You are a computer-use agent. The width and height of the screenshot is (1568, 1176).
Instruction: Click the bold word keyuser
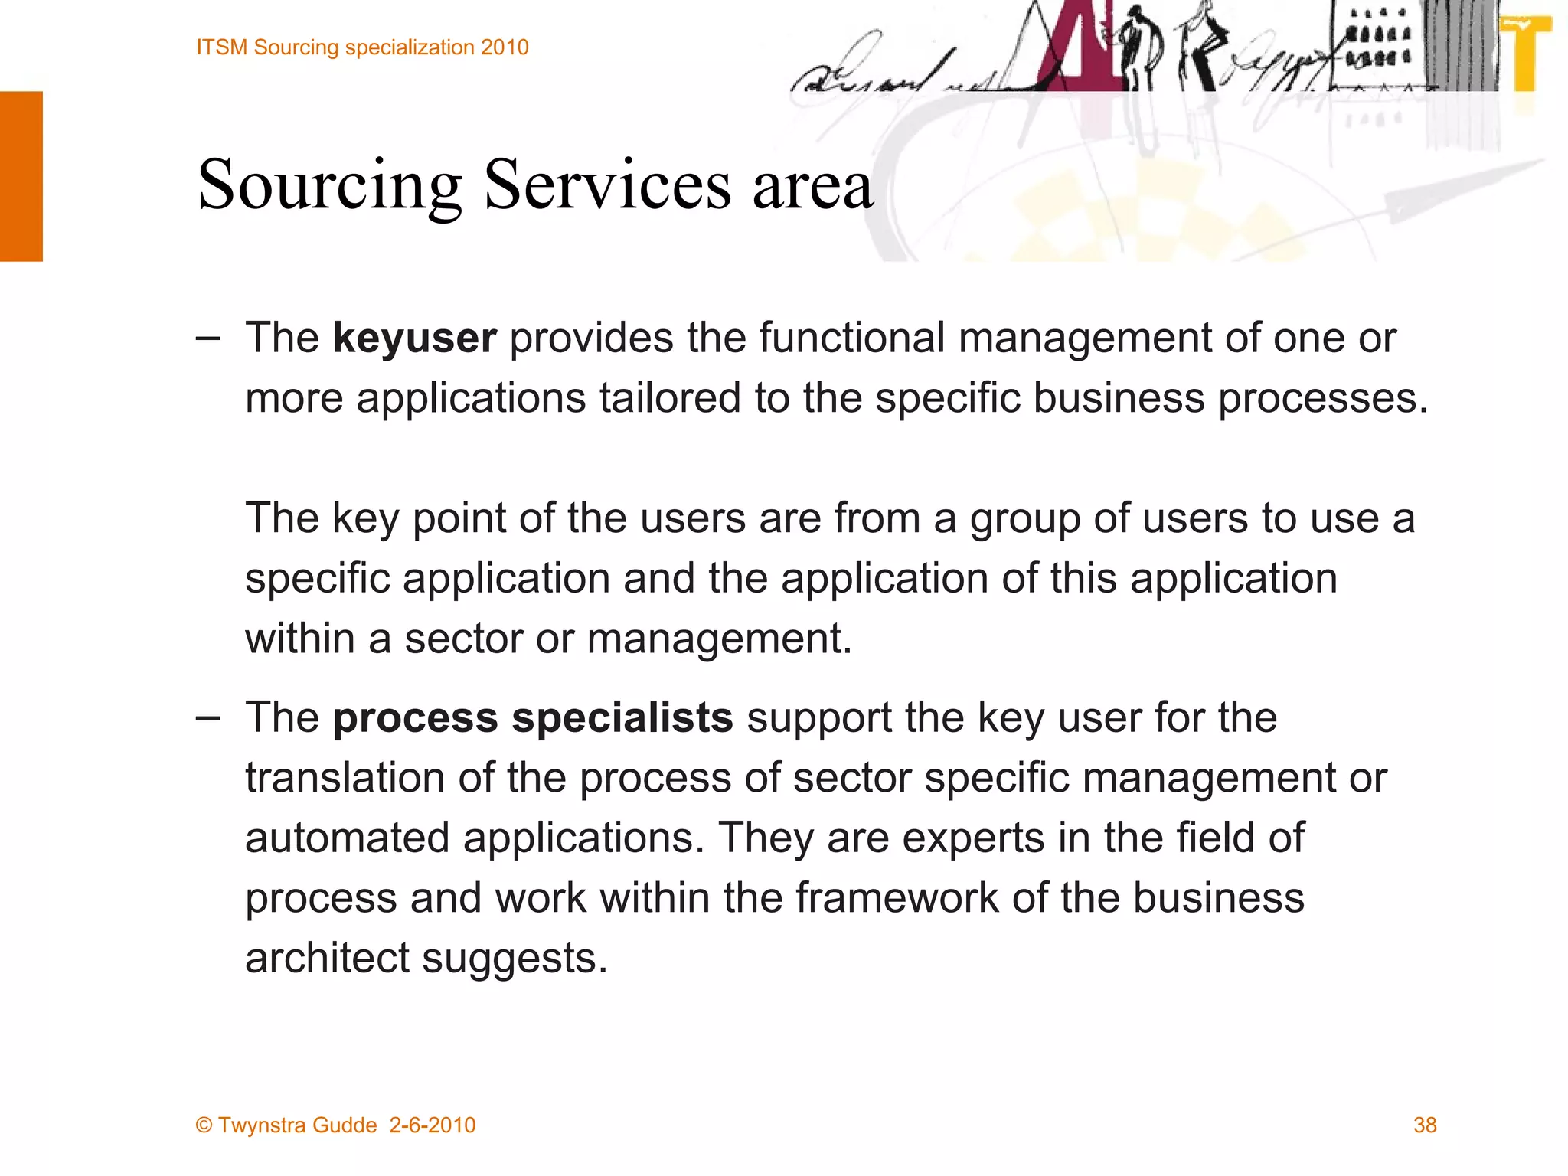pyautogui.click(x=414, y=338)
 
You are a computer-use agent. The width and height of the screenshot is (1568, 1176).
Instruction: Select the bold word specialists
pyautogui.click(x=622, y=718)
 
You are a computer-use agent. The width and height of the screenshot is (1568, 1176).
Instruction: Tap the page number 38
pyautogui.click(x=1425, y=1125)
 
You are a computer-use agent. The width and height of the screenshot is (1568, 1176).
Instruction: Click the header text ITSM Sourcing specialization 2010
pyautogui.click(x=362, y=47)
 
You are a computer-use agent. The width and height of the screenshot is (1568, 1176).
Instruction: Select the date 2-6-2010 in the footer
pyautogui.click(x=432, y=1125)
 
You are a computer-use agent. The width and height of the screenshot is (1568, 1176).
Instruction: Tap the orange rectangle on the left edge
pyautogui.click(x=21, y=176)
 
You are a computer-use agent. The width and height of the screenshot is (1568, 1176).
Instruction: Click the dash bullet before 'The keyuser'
pyautogui.click(x=207, y=338)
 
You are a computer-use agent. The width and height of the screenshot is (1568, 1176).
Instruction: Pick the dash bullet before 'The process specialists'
pyautogui.click(x=207, y=717)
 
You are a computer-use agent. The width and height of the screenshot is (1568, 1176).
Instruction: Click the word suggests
pyautogui.click(x=514, y=959)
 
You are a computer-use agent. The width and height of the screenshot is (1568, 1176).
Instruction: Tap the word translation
pyautogui.click(x=345, y=778)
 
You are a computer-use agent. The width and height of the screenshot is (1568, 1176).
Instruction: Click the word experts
pyautogui.click(x=973, y=839)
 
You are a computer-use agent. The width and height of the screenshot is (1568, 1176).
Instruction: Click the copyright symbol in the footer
pyautogui.click(x=204, y=1125)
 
